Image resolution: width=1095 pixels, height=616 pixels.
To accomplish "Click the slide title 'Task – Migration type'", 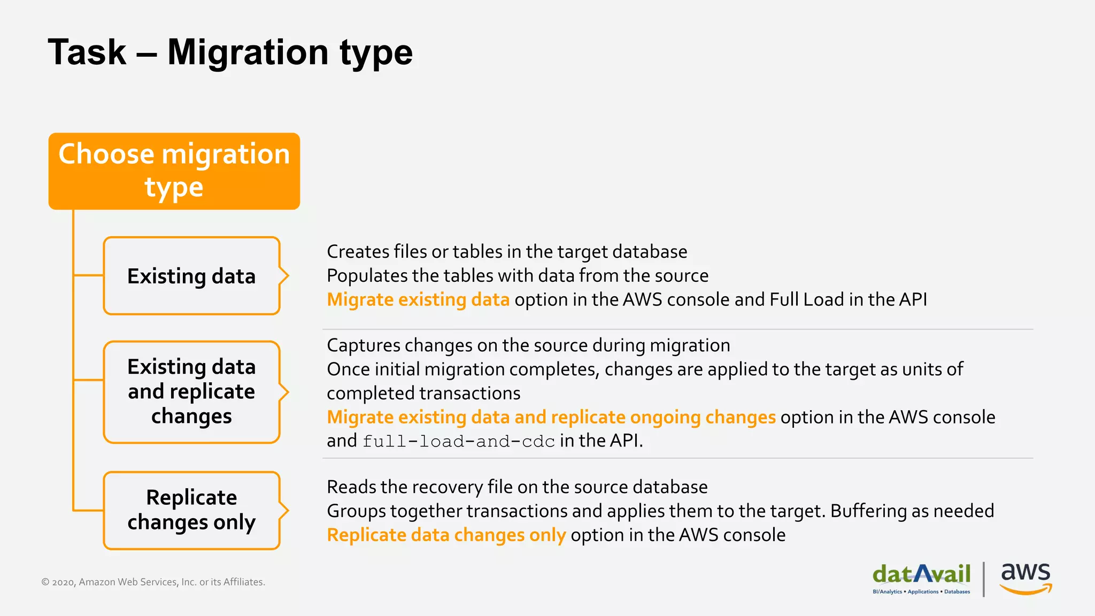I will (230, 52).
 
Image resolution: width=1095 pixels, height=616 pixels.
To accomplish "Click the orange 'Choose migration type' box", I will (174, 171).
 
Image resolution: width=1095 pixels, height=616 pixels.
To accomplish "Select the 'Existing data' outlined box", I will (191, 276).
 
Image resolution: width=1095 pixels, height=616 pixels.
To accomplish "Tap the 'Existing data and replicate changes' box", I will (191, 391).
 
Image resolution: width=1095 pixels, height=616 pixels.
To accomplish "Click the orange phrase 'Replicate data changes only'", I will (446, 535).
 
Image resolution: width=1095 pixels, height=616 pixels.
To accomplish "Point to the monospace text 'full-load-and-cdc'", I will (459, 442).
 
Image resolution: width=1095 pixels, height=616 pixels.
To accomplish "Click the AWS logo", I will (1025, 578).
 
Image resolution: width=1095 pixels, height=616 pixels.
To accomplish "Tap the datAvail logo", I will (921, 574).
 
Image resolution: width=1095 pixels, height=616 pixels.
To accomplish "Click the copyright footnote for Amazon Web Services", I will (153, 582).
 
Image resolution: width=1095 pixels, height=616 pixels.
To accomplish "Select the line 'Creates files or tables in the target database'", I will (507, 251).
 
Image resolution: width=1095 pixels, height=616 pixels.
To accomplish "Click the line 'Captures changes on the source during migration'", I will (528, 345).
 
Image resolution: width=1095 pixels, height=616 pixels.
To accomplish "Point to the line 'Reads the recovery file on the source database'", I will (517, 487).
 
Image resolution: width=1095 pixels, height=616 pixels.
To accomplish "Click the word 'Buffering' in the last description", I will (868, 511).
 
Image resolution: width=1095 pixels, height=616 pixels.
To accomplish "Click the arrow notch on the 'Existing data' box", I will (284, 276).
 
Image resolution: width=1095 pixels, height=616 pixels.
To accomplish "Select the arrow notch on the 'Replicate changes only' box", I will (284, 510).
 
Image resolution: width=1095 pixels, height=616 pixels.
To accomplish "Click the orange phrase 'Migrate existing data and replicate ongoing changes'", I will (551, 417).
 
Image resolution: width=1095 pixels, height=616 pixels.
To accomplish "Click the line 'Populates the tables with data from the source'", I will (518, 275).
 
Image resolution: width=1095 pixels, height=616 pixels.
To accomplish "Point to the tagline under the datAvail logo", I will (921, 592).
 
